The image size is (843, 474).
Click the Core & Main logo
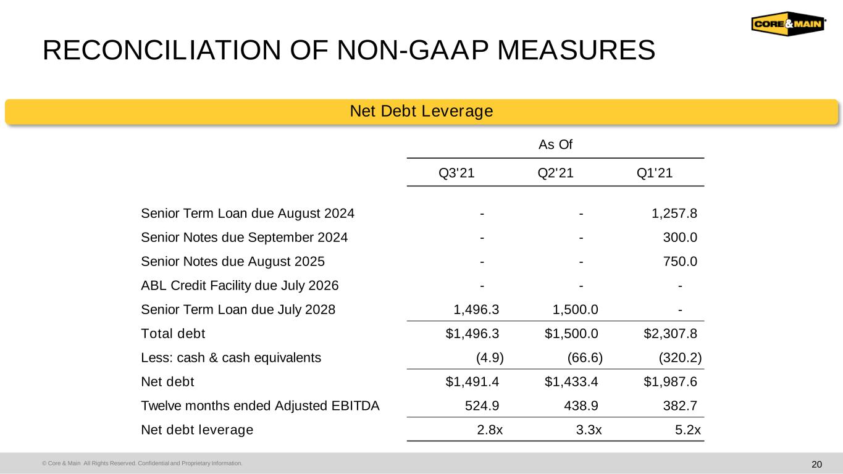click(x=789, y=23)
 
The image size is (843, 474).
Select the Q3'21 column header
click(x=456, y=173)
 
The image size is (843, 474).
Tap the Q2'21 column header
click(x=555, y=173)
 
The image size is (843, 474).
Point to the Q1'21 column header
click(x=655, y=173)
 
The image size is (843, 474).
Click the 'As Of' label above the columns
click(x=555, y=144)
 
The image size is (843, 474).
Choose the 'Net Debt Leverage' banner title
click(x=421, y=111)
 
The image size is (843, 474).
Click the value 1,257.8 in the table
click(x=674, y=214)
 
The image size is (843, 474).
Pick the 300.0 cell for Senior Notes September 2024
click(x=680, y=238)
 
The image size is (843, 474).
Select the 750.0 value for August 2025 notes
click(x=680, y=262)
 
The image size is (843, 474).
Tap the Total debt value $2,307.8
click(x=670, y=334)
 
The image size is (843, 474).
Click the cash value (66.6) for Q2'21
click(x=585, y=358)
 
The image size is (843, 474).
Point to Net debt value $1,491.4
click(x=472, y=382)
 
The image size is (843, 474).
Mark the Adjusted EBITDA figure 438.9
click(x=581, y=406)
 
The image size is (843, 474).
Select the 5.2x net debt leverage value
click(x=688, y=430)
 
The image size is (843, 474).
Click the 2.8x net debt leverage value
click(x=490, y=430)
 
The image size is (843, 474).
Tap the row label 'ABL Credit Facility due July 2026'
click(x=240, y=286)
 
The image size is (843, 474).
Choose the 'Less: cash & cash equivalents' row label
click(x=231, y=358)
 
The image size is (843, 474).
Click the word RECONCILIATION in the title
click(x=162, y=50)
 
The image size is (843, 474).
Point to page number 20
click(x=816, y=465)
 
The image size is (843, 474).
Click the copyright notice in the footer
click(x=142, y=464)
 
